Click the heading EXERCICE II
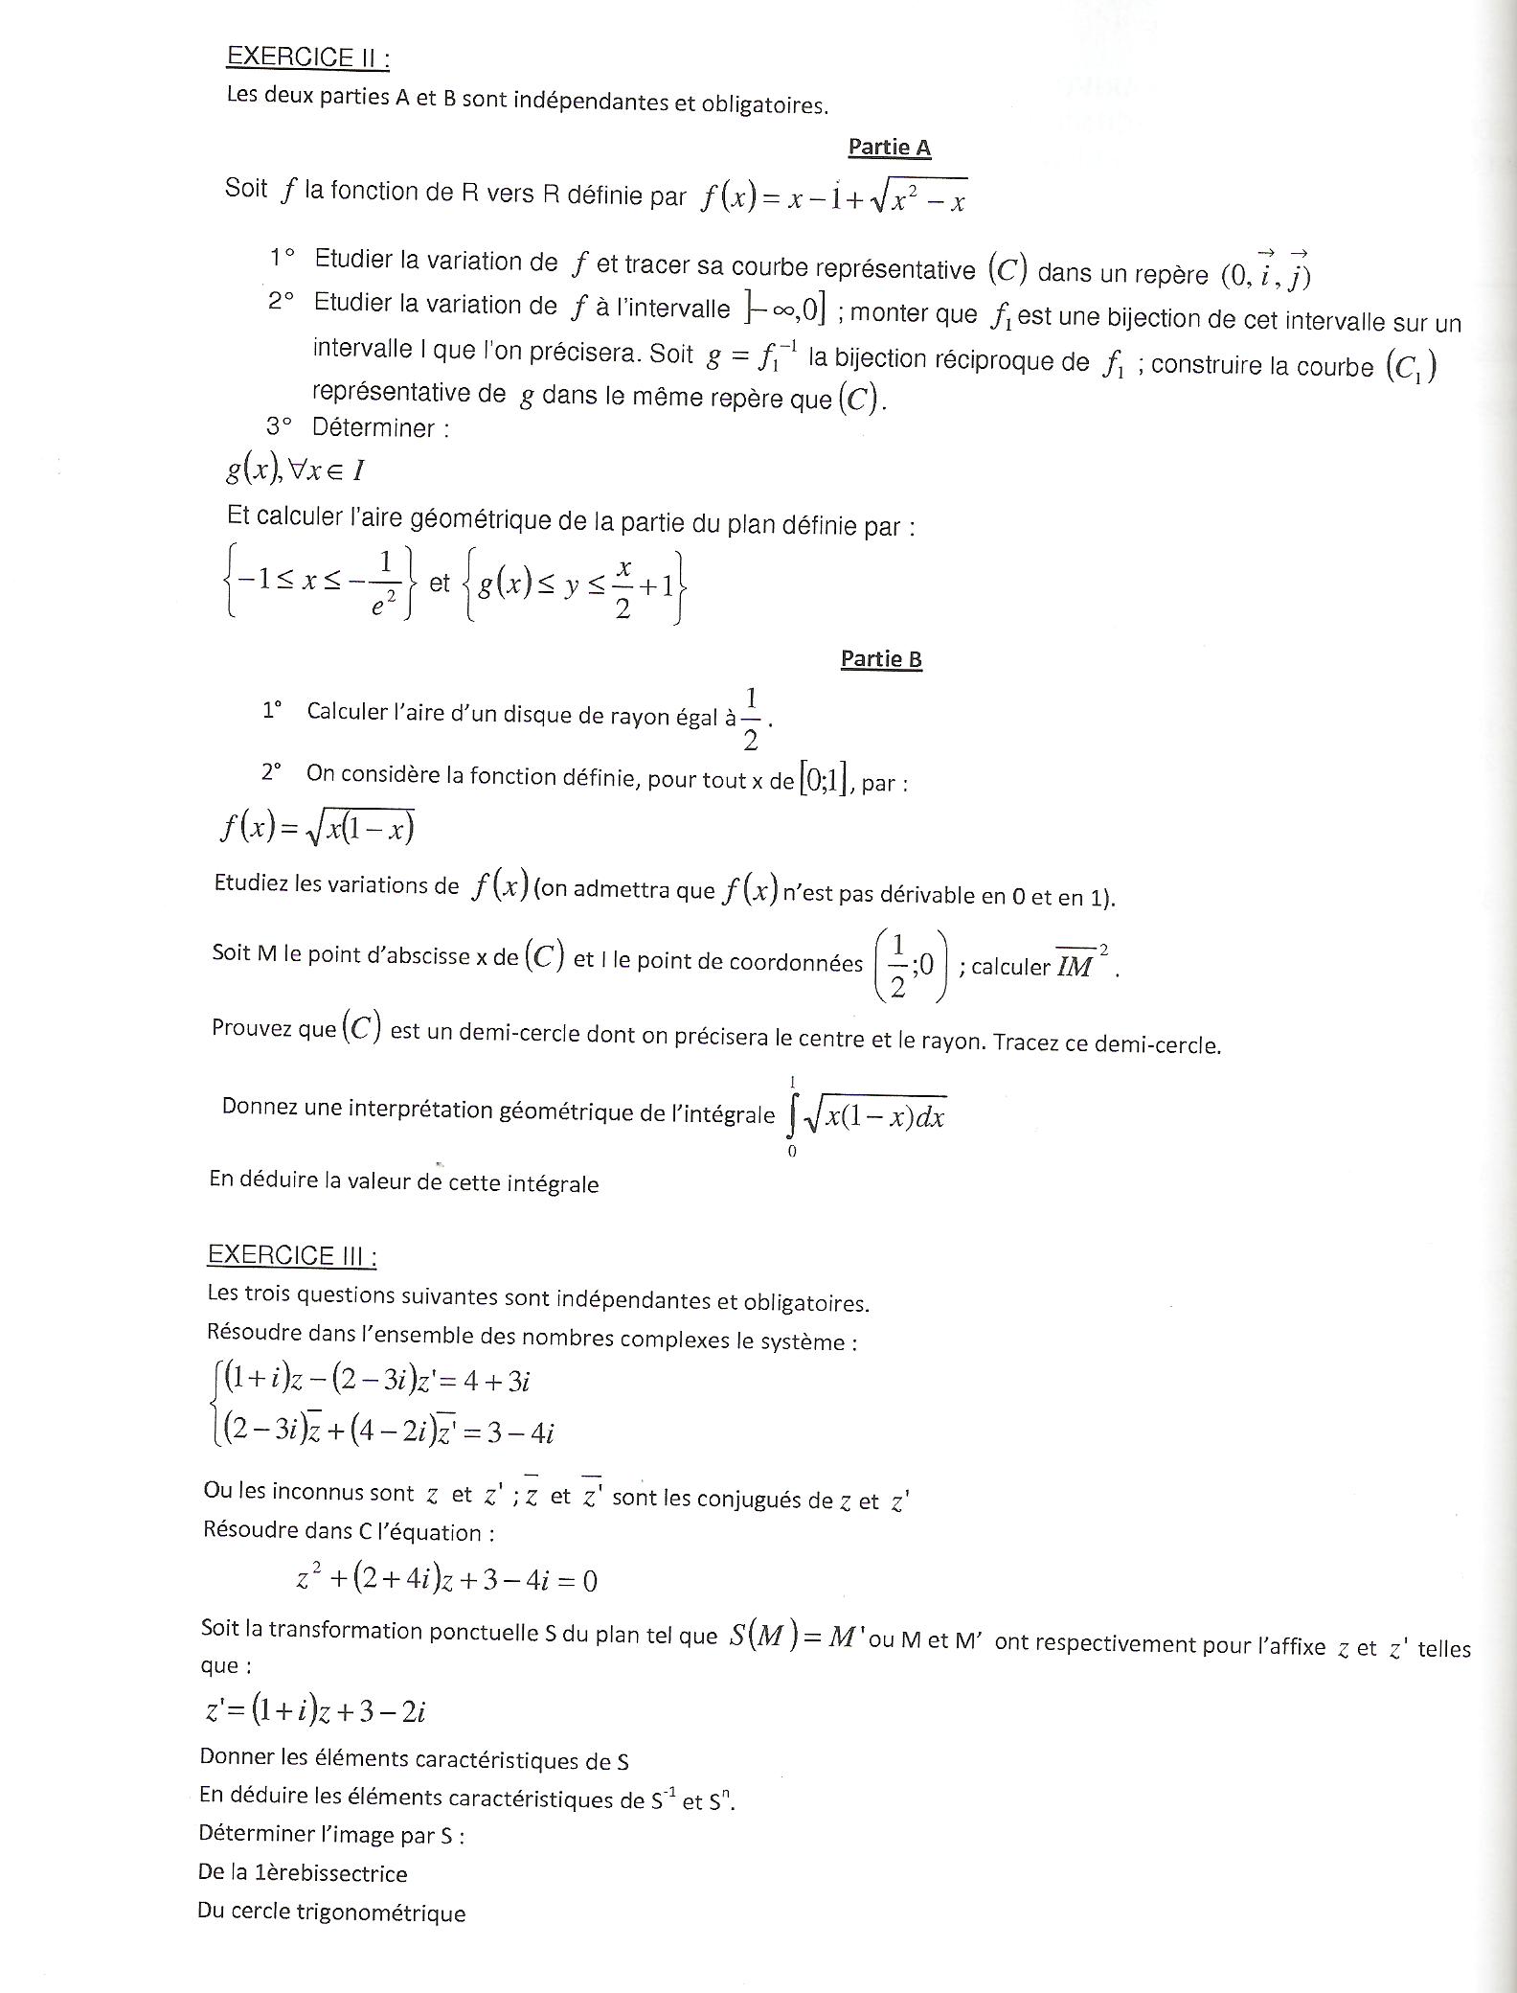click(307, 57)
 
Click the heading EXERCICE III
click(291, 1255)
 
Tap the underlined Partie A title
click(889, 147)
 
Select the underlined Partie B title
click(881, 658)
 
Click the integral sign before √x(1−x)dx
click(792, 1115)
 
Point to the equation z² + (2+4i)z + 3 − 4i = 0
click(446, 1578)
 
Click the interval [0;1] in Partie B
click(824, 780)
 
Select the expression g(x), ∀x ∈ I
click(295, 470)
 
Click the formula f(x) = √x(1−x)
click(317, 828)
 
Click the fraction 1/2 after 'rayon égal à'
click(751, 719)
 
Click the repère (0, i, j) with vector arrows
click(1265, 272)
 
